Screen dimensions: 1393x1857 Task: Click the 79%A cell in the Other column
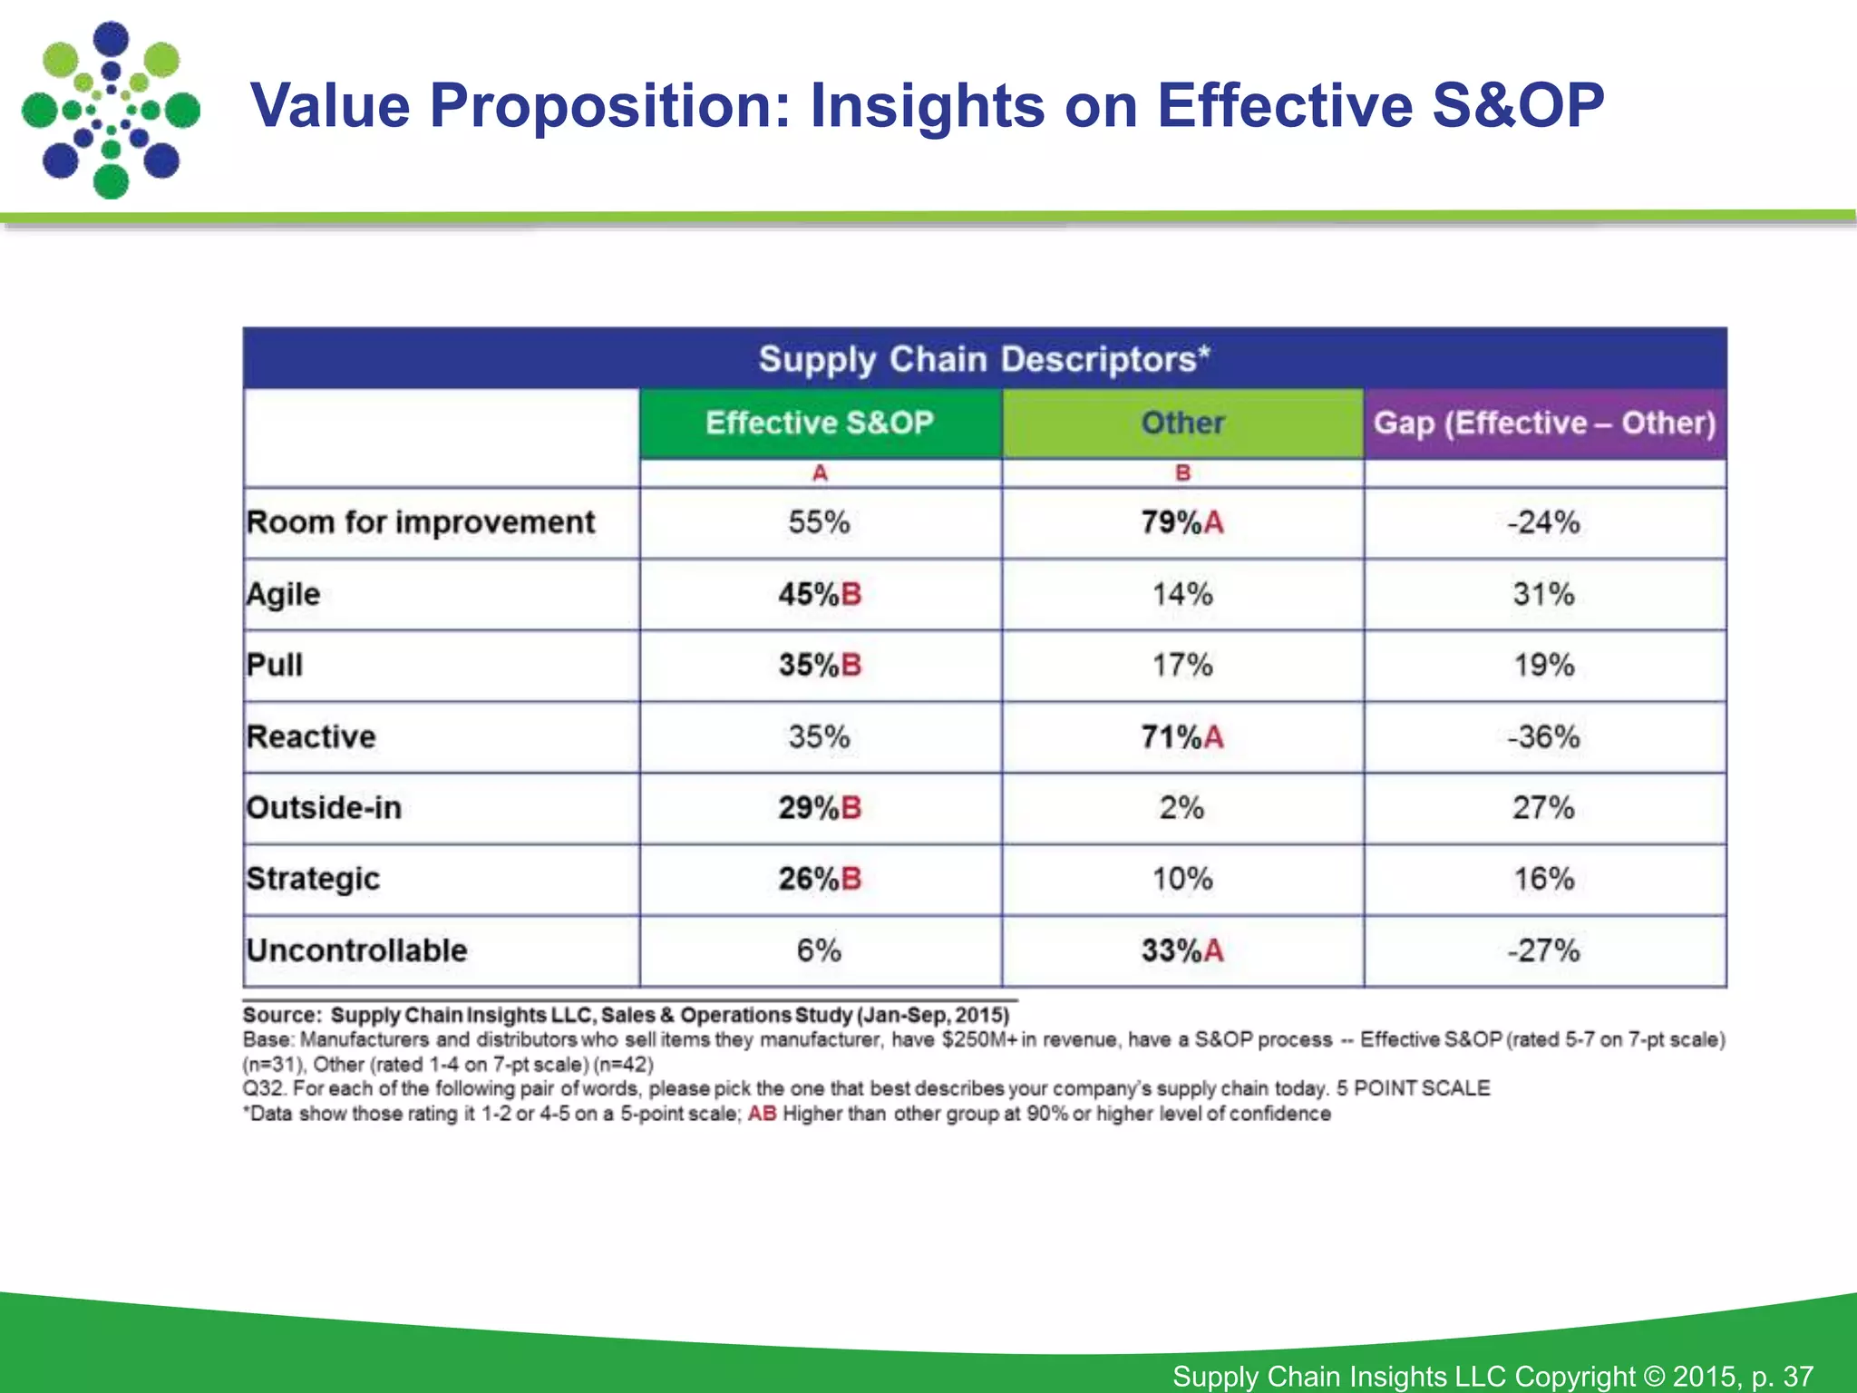tap(1181, 522)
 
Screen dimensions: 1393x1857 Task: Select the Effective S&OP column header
tap(820, 423)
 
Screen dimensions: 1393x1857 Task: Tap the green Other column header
tap(1182, 423)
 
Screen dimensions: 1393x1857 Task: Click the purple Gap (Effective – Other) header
tap(1544, 423)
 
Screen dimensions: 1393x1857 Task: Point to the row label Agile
tap(284, 594)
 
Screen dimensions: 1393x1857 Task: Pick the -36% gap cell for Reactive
tap(1543, 736)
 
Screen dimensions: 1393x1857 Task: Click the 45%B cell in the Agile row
tap(820, 594)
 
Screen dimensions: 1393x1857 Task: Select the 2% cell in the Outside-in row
tap(1181, 807)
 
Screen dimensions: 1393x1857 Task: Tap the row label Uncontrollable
tap(356, 950)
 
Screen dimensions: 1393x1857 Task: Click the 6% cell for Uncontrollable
tap(819, 950)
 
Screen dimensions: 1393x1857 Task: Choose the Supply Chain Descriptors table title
tap(984, 359)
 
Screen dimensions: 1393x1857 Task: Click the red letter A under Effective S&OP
tap(820, 472)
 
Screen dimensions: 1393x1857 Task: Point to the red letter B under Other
tap(1182, 472)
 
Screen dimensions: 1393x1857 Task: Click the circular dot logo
tap(111, 110)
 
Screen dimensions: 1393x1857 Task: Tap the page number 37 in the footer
tap(1797, 1376)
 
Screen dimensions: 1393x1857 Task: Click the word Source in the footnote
tap(280, 1015)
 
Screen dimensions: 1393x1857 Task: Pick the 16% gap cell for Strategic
tap(1543, 879)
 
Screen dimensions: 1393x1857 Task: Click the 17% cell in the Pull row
tap(1181, 665)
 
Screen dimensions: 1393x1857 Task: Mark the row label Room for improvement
tap(421, 522)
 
